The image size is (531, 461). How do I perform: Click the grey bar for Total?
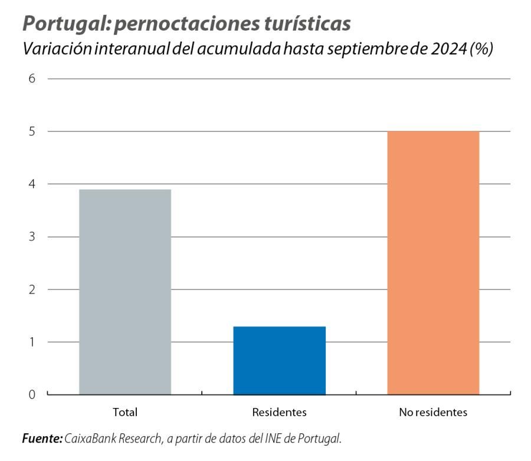(125, 292)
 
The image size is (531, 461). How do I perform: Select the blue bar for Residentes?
(279, 360)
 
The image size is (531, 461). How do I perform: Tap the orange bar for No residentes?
(433, 262)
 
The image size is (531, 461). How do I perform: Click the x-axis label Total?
(124, 413)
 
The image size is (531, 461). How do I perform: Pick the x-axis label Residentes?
(279, 413)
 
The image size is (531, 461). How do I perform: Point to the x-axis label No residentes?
(433, 413)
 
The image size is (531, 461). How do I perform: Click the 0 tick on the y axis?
(32, 394)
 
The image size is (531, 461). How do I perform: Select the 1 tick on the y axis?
(32, 342)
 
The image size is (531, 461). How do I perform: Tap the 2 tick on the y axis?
(32, 289)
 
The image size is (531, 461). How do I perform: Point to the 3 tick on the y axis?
(32, 237)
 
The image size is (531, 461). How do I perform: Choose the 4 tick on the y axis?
(32, 185)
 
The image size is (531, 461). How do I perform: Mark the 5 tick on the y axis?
(32, 131)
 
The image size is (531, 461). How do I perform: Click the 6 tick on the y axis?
(32, 79)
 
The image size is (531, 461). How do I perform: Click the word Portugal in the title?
(63, 24)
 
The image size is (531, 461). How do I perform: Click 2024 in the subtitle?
(448, 50)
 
